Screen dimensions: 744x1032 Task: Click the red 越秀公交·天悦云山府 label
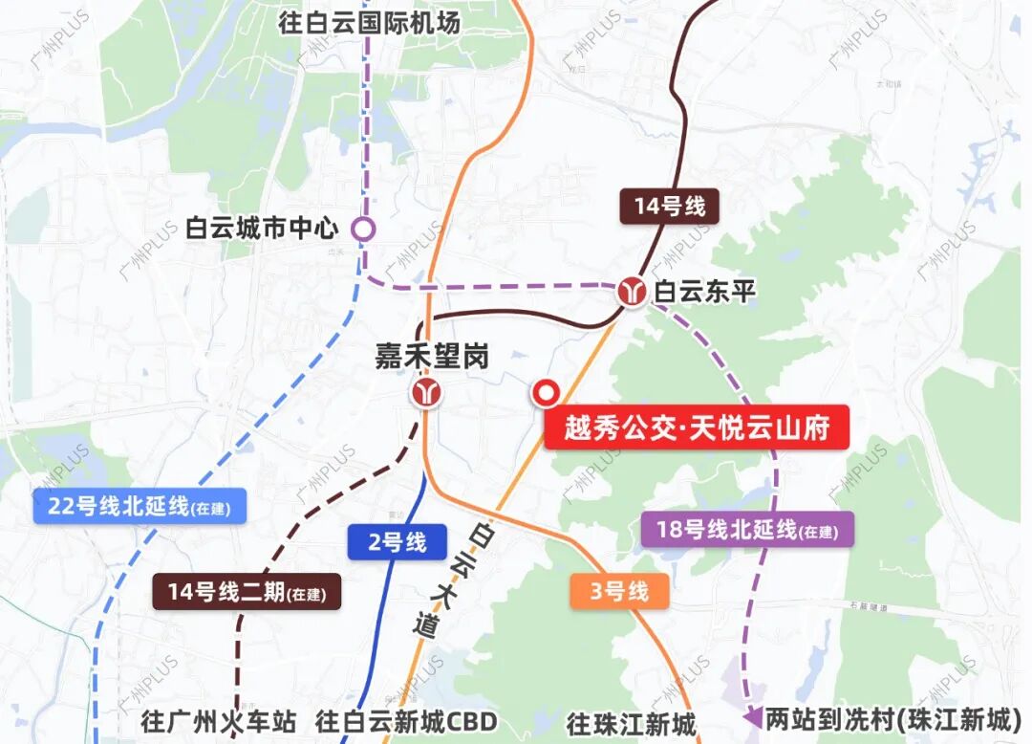[697, 427]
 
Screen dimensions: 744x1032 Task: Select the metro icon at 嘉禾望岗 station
[427, 392]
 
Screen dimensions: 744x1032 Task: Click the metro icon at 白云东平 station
[631, 291]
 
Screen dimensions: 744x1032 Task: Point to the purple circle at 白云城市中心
[363, 230]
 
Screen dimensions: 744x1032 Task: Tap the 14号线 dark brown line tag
[669, 206]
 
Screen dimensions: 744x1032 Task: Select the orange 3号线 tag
[619, 591]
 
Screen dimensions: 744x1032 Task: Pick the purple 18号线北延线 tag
[746, 529]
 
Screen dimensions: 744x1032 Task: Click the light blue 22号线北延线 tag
[140, 507]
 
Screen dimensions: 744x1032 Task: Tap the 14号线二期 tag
[247, 592]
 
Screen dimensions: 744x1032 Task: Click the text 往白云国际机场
[370, 22]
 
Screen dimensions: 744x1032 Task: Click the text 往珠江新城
[631, 723]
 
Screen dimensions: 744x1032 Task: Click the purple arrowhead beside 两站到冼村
[753, 716]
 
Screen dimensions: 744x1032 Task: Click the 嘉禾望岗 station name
[431, 357]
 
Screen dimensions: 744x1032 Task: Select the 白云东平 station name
[704, 292]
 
